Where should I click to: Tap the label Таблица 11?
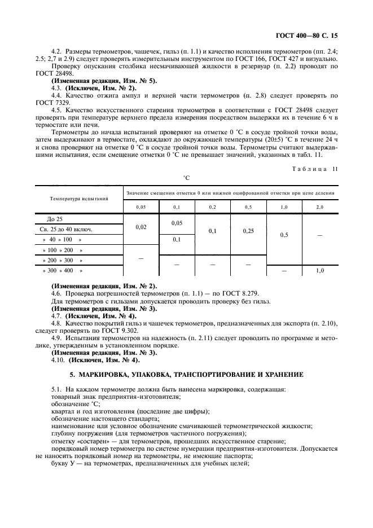pos(318,169)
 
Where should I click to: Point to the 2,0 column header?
pos(319,208)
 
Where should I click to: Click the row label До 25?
pos(55,218)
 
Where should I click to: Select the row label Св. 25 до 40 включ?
pos(66,229)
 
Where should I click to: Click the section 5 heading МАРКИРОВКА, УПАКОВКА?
pos(186,374)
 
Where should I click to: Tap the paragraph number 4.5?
pos(56,109)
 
